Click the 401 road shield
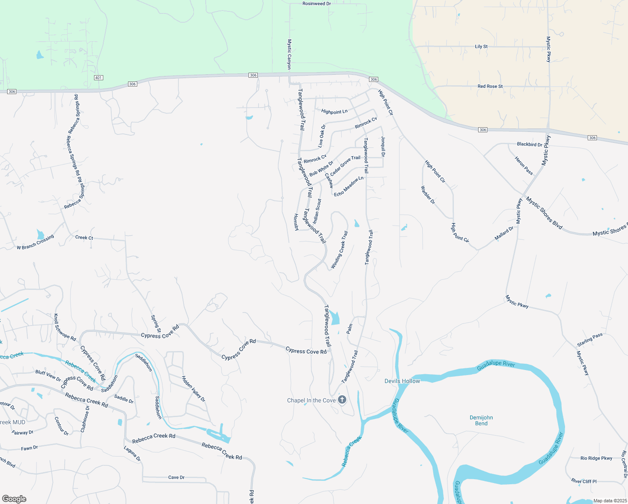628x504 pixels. click(x=98, y=78)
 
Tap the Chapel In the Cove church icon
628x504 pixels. click(x=342, y=399)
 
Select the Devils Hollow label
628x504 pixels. click(x=402, y=381)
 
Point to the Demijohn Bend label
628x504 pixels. click(x=481, y=420)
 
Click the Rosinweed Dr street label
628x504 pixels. click(x=317, y=4)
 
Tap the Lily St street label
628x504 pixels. click(x=481, y=47)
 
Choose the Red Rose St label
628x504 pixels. click(x=490, y=87)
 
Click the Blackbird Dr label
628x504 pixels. click(x=529, y=144)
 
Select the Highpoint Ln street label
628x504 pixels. click(x=334, y=112)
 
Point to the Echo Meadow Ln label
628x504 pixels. click(x=349, y=186)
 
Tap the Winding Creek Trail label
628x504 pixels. click(x=340, y=249)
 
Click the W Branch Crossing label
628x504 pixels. click(x=35, y=242)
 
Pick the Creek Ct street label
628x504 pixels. click(x=84, y=238)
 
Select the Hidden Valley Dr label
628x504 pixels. click(x=193, y=389)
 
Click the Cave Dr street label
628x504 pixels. click(x=176, y=478)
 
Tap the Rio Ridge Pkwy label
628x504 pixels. click(x=596, y=458)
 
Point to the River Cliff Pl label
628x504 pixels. click(x=584, y=481)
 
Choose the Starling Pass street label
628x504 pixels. click(x=590, y=340)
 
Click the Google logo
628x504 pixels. click(x=14, y=499)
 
